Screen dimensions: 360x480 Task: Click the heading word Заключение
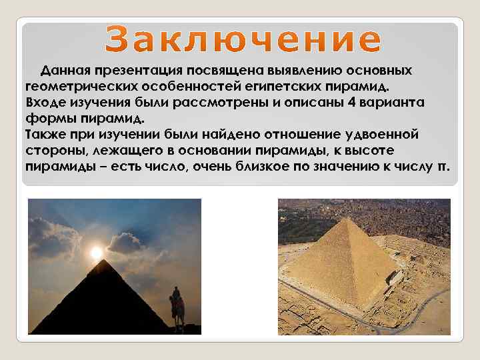[x=243, y=40]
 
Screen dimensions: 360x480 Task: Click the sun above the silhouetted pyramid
[x=97, y=253]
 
